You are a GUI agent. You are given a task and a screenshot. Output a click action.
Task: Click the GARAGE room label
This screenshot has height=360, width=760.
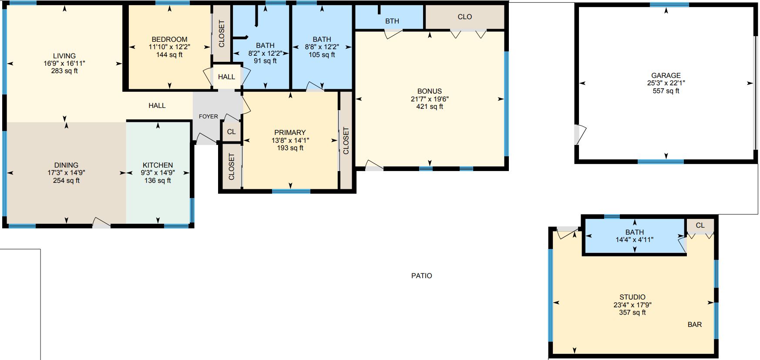click(666, 75)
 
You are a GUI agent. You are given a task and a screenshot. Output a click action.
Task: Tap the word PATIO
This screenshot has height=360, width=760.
click(422, 276)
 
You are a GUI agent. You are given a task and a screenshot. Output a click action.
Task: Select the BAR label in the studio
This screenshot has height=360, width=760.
click(695, 324)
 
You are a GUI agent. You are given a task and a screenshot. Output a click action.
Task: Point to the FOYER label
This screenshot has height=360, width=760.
click(208, 116)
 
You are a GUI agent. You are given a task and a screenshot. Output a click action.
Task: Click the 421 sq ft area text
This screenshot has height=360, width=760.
click(430, 106)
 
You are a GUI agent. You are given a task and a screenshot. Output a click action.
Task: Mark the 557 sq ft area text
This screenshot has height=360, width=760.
click(666, 91)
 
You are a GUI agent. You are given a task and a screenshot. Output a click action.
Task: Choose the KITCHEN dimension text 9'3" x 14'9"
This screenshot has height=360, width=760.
click(158, 173)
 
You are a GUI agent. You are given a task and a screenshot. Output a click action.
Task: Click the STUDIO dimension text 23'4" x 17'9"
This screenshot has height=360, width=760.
click(632, 305)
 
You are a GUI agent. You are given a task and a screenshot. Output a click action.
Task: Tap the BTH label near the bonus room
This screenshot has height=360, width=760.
click(392, 21)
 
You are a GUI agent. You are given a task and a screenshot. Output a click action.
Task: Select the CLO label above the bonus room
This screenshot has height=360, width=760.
click(465, 17)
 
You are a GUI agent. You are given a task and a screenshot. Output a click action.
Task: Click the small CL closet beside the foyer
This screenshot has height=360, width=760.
click(231, 131)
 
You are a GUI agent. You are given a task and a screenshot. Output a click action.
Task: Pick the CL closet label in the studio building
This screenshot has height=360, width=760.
click(700, 225)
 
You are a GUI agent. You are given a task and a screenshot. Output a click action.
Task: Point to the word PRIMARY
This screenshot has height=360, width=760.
click(290, 132)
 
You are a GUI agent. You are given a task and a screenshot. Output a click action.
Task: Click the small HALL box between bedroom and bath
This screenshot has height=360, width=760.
click(226, 77)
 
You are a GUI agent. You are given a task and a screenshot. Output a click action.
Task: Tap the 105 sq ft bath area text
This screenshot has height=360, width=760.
click(322, 55)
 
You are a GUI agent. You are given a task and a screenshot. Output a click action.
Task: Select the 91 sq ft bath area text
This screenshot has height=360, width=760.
click(265, 61)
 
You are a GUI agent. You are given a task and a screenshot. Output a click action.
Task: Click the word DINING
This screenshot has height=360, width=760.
click(66, 165)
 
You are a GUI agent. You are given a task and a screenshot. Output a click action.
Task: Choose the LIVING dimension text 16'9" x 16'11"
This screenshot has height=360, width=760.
click(64, 63)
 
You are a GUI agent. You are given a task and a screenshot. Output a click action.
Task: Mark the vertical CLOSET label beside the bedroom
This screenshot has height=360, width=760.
click(222, 34)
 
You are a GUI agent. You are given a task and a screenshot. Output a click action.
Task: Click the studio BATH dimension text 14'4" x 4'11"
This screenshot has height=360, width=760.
click(634, 239)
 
